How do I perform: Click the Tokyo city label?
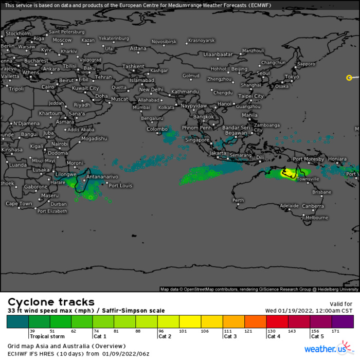click(x=292, y=77)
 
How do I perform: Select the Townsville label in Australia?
click(x=308, y=179)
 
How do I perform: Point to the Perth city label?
click(x=238, y=200)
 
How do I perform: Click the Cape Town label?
click(x=19, y=204)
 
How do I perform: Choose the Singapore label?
click(x=197, y=140)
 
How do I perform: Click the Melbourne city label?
click(x=317, y=218)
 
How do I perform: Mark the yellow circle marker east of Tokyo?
click(x=349, y=78)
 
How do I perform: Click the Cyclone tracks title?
click(x=51, y=302)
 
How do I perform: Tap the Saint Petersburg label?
click(x=66, y=32)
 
